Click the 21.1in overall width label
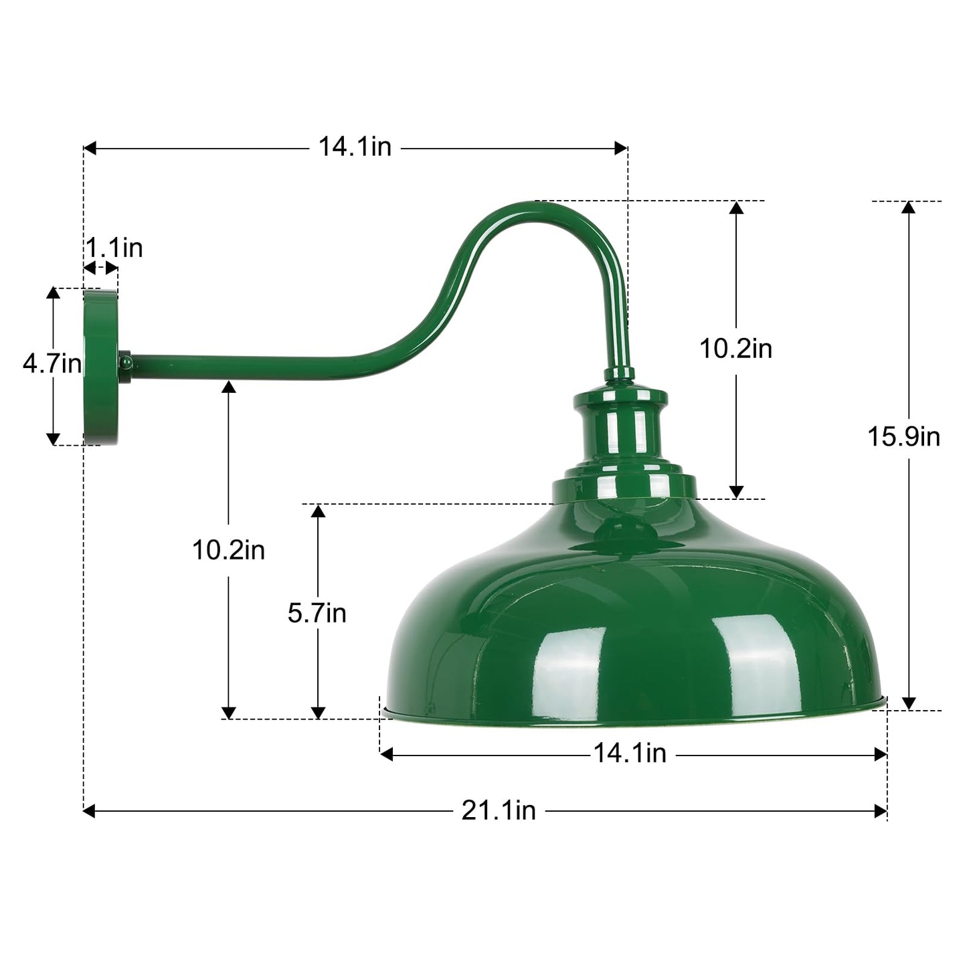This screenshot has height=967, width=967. pos(499,810)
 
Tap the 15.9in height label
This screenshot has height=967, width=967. pos(903,437)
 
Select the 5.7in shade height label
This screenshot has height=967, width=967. pos(317,613)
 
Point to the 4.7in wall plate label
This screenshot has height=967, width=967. pos(52,365)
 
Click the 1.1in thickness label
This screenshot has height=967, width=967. pos(114,248)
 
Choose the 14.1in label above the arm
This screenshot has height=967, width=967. pos(354,147)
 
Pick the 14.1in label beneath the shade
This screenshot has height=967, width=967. pos(630,754)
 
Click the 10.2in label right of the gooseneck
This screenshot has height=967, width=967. pos(735,349)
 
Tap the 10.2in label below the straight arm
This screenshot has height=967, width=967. pos(228,550)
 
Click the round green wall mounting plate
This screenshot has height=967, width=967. pos(100,367)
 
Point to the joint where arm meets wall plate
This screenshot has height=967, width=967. pos(125,362)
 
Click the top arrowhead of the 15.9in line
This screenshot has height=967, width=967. pos(908,207)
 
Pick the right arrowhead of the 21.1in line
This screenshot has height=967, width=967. pos(881,811)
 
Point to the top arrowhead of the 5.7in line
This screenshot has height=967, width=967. pos(319,511)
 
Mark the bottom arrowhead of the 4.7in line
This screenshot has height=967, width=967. pos(53,439)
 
